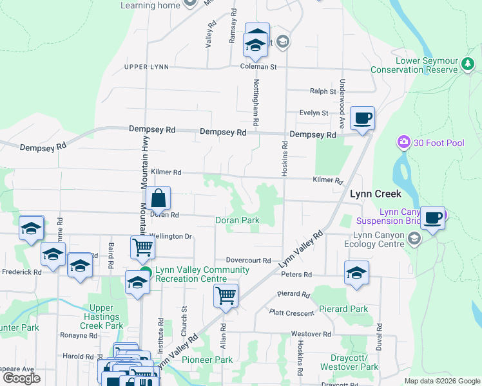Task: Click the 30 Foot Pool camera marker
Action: click(404, 142)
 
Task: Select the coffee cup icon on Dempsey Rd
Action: click(362, 118)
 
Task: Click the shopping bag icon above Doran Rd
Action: click(158, 199)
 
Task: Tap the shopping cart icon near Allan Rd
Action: click(226, 297)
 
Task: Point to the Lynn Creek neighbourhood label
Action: click(376, 193)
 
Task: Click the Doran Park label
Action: click(237, 220)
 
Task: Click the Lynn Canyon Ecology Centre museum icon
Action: click(414, 239)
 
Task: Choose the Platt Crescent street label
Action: click(293, 313)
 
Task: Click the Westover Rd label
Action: click(310, 335)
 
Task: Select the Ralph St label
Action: click(323, 91)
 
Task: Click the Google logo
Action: click(21, 378)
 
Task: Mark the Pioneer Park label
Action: click(207, 360)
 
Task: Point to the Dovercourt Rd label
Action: click(248, 260)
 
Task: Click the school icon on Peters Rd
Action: click(356, 273)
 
